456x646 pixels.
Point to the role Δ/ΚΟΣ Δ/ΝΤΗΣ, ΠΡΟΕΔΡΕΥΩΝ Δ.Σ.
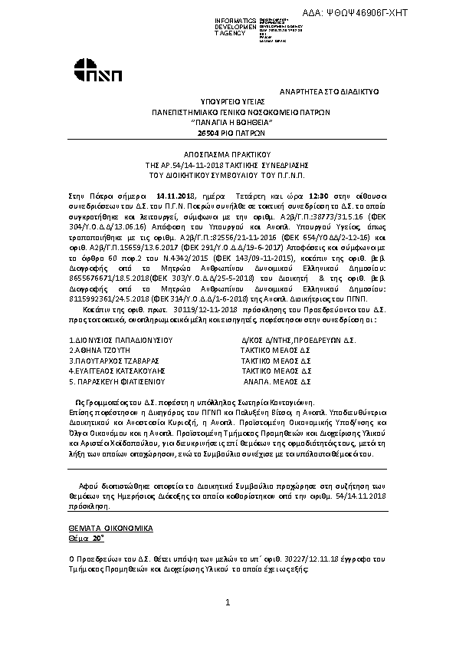tap(299, 339)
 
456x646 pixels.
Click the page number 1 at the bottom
tap(228, 605)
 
